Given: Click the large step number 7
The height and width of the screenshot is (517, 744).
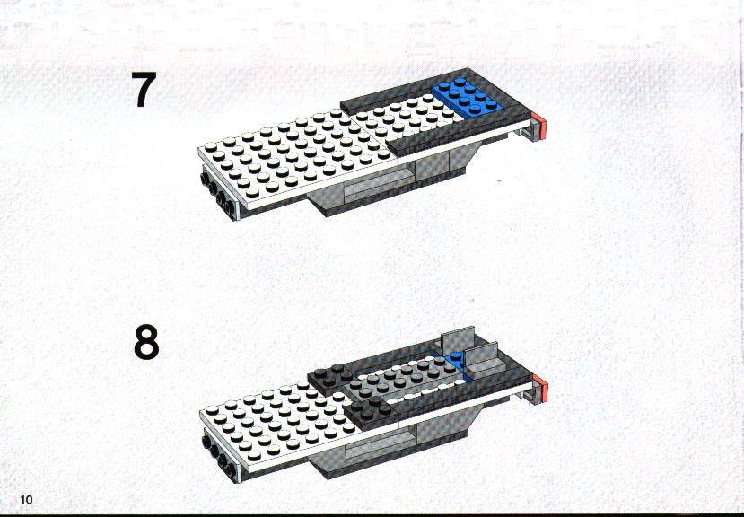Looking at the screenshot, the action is point(144,89).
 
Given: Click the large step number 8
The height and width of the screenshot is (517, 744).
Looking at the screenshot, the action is point(146,342).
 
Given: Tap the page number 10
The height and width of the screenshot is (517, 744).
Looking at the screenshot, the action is point(26,499).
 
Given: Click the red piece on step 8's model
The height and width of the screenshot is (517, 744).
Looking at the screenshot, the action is point(540,388).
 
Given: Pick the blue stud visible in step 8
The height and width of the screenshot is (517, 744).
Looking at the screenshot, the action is point(456,357).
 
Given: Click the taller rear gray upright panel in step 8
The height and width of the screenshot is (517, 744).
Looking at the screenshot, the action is point(459,340).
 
